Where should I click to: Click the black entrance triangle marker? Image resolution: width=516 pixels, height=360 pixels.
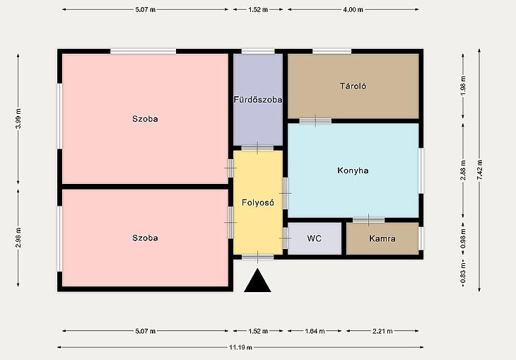coord(258,281)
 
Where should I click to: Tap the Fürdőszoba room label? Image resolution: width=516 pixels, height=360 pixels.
coord(258,100)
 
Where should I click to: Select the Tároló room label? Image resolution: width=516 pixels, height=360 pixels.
coord(353,86)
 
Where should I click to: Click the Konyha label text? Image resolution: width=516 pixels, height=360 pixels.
coord(353,170)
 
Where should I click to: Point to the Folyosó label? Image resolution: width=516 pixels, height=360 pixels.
coord(258,202)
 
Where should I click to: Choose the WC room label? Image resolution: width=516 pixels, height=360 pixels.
coord(314,238)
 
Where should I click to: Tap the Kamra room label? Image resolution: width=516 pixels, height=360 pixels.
coord(382,238)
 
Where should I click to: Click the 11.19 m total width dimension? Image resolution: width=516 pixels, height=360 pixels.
coord(240,347)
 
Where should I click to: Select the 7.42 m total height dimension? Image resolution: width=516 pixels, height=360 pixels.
coord(479,170)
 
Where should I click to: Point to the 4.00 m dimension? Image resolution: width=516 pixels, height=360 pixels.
coord(353,10)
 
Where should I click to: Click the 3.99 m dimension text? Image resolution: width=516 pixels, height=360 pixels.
coord(18,119)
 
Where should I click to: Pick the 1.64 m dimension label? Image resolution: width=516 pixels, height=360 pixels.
coord(315,331)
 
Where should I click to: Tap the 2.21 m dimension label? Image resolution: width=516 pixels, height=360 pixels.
coord(382,331)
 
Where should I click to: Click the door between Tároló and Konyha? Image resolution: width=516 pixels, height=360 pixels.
coord(315,121)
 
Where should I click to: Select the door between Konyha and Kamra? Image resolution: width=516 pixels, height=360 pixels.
coord(368,220)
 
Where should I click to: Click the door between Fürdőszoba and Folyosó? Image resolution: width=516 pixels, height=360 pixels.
coord(257,149)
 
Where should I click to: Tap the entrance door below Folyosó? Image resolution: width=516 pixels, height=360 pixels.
coord(258,257)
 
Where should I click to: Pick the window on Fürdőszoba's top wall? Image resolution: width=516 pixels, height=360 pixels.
coord(258,52)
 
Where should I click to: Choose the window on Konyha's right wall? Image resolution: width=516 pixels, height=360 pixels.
coord(421,170)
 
